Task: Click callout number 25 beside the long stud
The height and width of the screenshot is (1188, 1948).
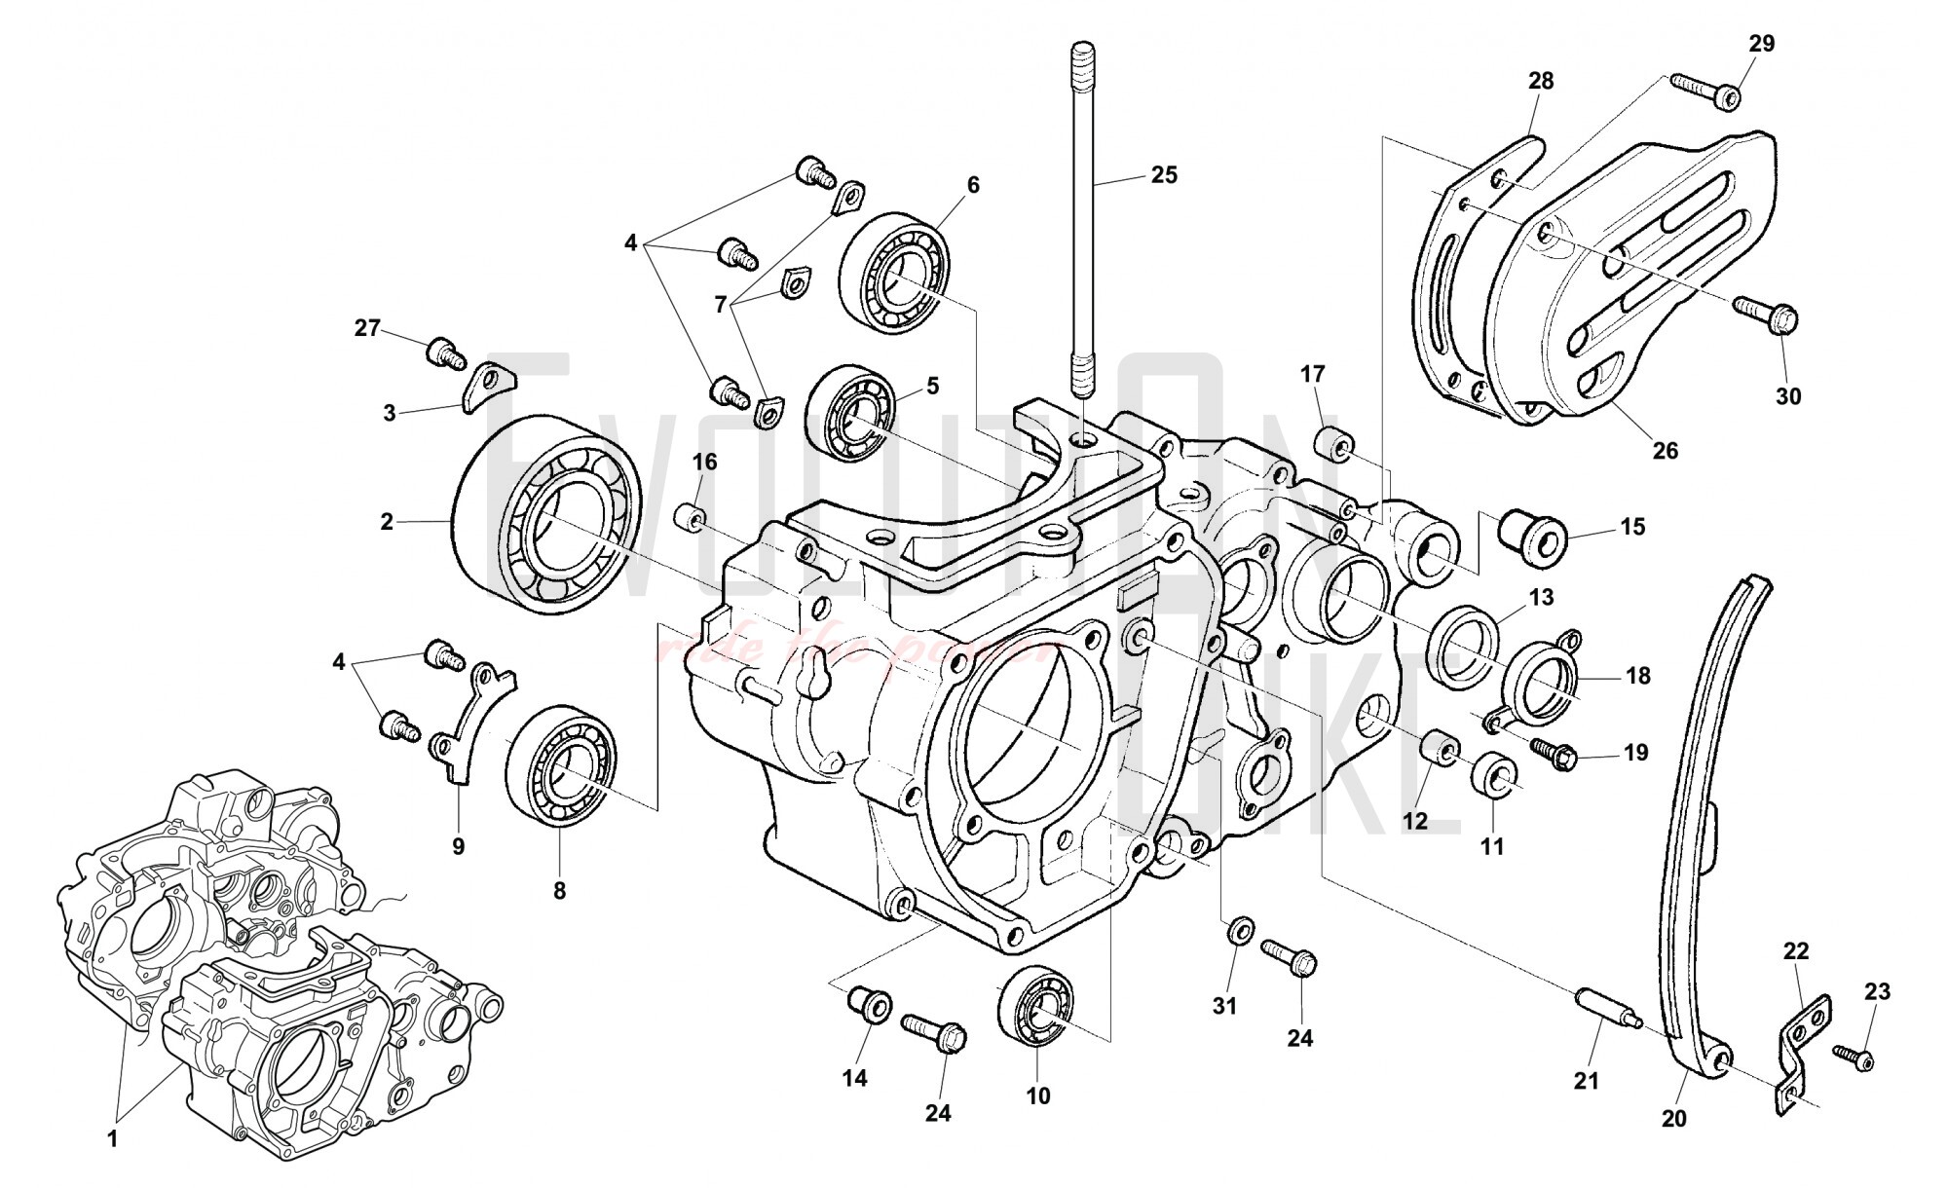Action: tap(1164, 175)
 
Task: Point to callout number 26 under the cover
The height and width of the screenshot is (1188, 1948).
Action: tap(1666, 451)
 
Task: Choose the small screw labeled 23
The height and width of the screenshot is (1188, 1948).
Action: tap(1852, 1057)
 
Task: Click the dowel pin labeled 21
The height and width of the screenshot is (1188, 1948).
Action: tap(1607, 1006)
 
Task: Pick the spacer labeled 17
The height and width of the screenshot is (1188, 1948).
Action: tap(1331, 445)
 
